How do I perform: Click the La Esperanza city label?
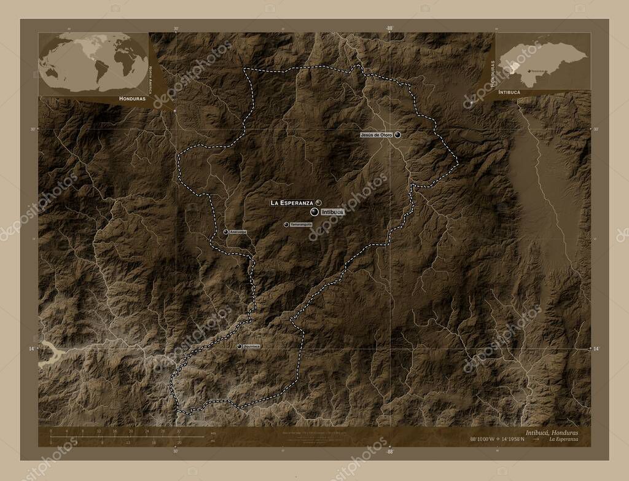pos(292,202)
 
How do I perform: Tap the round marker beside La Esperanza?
pos(319,202)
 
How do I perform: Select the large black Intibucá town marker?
pos(314,211)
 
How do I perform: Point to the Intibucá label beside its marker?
pos(332,211)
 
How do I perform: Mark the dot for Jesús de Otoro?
pos(398,135)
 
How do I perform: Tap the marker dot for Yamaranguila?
pos(286,224)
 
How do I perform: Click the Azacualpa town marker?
pos(226,232)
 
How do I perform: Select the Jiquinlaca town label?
pos(252,346)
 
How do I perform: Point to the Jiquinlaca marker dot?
pos(239,346)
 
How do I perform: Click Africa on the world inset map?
pos(126,61)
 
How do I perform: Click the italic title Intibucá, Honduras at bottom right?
pos(551,432)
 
